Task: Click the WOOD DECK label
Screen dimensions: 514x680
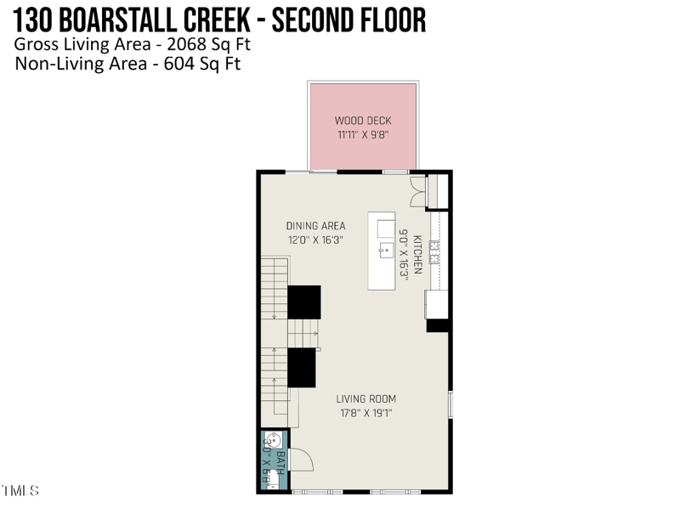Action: pos(363,121)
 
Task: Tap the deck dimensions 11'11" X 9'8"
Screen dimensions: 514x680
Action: pos(363,134)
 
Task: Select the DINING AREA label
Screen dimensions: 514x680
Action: pos(315,226)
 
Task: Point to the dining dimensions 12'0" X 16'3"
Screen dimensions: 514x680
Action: pos(315,240)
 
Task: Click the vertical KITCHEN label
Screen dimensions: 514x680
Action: pos(417,254)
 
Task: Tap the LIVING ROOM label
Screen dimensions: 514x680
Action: pos(365,399)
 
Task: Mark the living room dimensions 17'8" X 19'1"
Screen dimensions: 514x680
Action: pos(365,414)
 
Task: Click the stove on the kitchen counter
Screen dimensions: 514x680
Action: pos(435,252)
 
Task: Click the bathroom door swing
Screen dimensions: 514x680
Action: pos(301,459)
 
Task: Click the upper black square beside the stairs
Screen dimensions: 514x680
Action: pos(303,302)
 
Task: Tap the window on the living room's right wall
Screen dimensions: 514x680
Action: pos(450,404)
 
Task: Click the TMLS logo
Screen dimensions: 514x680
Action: pos(20,491)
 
